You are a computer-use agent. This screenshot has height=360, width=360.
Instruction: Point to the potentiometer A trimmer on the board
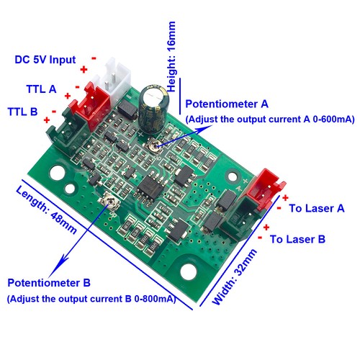153,145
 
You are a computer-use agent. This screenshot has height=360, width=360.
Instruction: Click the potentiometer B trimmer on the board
109,201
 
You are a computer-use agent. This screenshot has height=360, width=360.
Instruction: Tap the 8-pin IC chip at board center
150,187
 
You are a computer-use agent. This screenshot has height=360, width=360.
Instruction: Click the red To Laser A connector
264,189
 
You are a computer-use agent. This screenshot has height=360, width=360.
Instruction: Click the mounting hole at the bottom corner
189,271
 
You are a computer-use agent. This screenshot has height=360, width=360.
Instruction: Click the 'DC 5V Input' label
45,60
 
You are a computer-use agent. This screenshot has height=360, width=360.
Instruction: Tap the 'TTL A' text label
41,89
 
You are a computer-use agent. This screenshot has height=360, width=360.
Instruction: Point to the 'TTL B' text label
22,112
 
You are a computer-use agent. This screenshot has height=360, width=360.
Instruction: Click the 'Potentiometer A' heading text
227,104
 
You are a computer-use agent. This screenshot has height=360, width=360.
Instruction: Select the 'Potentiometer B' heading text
49,283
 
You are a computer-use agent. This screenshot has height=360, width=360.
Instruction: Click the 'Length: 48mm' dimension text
46,210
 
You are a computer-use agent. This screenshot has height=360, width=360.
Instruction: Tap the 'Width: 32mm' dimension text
235,277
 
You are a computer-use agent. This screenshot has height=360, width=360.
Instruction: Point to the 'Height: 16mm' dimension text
171,57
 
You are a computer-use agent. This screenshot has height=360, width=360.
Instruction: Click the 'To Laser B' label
297,239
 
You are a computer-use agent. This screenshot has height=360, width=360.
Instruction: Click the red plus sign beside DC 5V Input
84,70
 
